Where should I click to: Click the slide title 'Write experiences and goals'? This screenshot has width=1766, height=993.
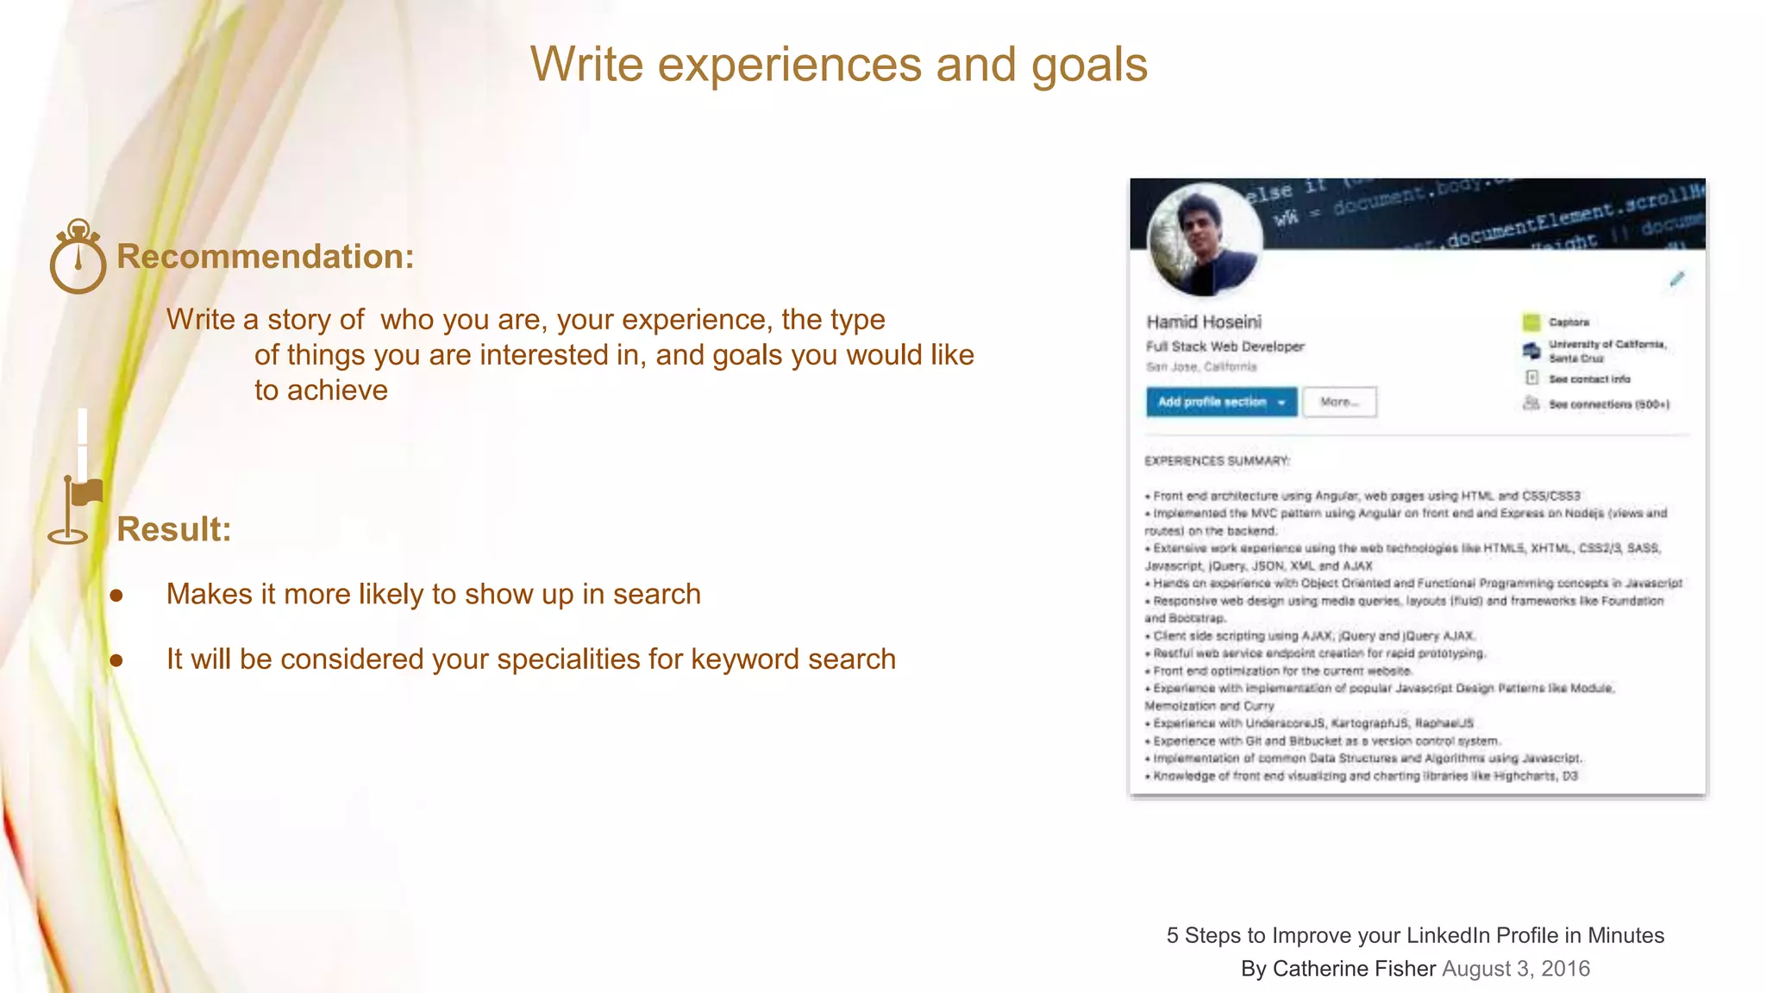tap(838, 66)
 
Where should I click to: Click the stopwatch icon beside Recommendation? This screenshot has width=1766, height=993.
tap(78, 258)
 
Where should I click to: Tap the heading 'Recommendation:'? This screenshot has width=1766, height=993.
tap(266, 257)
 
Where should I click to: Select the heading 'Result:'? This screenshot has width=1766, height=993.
tap(174, 529)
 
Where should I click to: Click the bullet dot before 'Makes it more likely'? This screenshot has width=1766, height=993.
tap(116, 596)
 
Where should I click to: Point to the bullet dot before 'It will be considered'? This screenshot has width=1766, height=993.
tap(116, 661)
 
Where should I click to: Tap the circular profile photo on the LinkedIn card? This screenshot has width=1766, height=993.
tap(1206, 239)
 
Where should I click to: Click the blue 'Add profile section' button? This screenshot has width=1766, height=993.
tap(1220, 403)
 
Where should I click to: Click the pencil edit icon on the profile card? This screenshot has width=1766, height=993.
tap(1676, 279)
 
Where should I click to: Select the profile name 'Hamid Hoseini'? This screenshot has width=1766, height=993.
tap(1204, 322)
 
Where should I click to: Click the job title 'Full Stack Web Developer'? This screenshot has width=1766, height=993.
tap(1224, 347)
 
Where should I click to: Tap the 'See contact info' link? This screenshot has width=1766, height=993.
tap(1588, 379)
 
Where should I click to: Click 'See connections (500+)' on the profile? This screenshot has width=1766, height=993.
tap(1608, 404)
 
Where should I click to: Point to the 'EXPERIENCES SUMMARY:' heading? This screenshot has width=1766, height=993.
tap(1217, 461)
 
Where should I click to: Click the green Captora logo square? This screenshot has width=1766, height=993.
tap(1531, 322)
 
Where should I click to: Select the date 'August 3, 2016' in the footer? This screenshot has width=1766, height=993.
tap(1516, 969)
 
